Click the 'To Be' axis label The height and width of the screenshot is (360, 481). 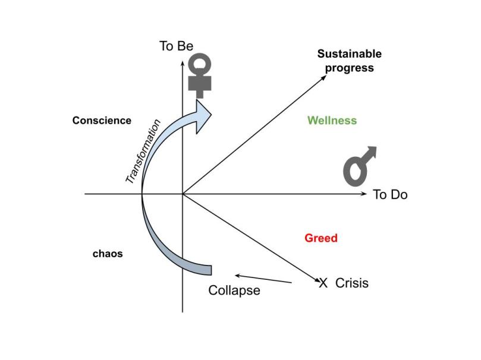pyautogui.click(x=176, y=46)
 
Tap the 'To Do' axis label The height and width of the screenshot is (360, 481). pyautogui.click(x=390, y=194)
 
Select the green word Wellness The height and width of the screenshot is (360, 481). pyautogui.click(x=332, y=121)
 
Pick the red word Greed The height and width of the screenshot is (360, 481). pyautogui.click(x=321, y=238)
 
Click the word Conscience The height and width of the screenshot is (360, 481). pyautogui.click(x=102, y=121)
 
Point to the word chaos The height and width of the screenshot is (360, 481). pyautogui.click(x=108, y=254)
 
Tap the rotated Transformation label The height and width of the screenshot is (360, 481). pyautogui.click(x=143, y=151)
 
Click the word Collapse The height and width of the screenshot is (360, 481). pyautogui.click(x=234, y=291)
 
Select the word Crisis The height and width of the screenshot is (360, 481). pyautogui.click(x=352, y=283)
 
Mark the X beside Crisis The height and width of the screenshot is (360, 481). pyautogui.click(x=323, y=283)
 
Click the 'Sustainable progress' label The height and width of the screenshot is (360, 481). pyautogui.click(x=350, y=61)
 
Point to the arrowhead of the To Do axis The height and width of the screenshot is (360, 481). pyautogui.click(x=364, y=194)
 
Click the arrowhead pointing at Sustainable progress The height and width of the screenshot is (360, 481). pyautogui.click(x=324, y=78)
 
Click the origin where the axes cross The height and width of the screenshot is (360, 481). pyautogui.click(x=183, y=194)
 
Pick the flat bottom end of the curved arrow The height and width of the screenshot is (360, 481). pyautogui.click(x=210, y=269)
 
